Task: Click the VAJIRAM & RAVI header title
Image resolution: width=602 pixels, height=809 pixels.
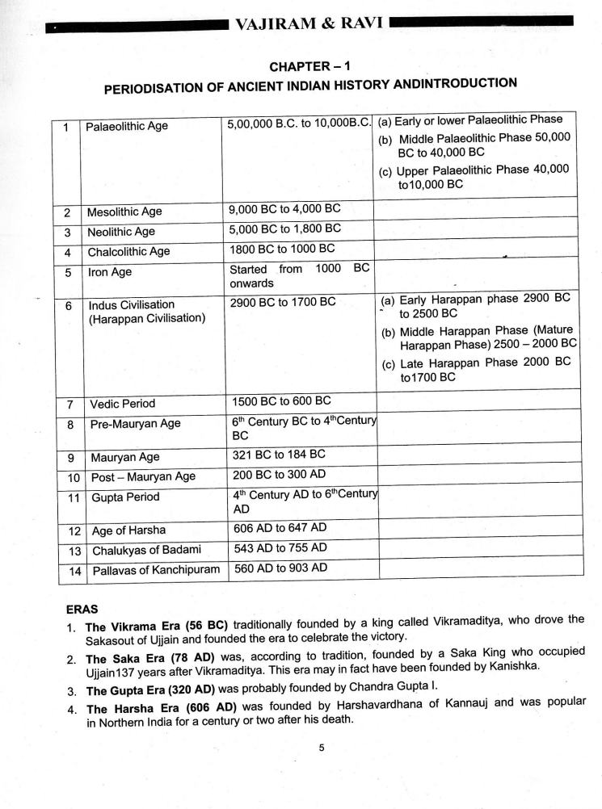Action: (x=309, y=25)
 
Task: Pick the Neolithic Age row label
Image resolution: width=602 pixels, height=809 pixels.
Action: (x=121, y=232)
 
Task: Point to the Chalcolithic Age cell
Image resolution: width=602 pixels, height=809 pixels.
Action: (x=129, y=251)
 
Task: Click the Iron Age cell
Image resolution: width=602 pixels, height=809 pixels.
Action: (x=110, y=272)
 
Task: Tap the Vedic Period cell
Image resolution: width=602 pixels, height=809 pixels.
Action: (x=123, y=403)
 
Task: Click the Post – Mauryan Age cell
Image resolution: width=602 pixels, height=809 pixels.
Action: (x=143, y=476)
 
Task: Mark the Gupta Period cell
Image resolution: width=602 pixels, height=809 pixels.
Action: (x=125, y=497)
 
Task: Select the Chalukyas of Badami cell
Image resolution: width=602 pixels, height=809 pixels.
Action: (x=146, y=550)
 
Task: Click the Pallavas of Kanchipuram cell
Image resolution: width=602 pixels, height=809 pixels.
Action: (x=156, y=570)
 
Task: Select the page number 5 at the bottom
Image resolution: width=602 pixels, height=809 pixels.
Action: (x=321, y=747)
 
